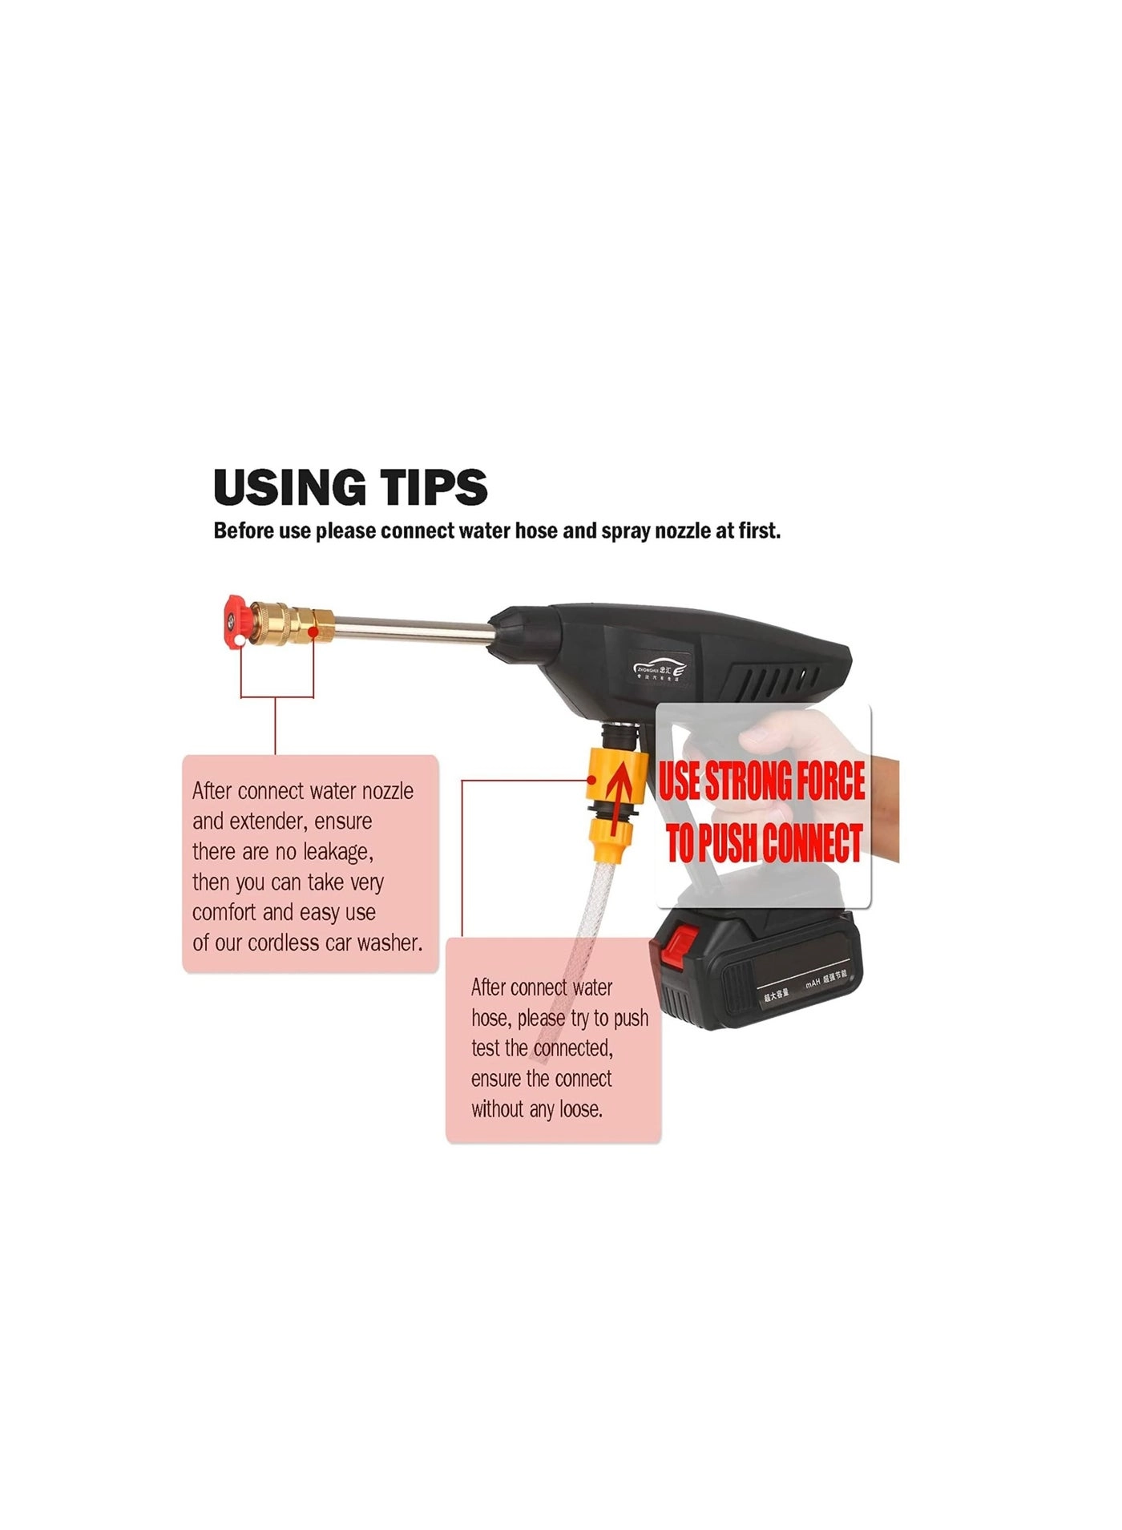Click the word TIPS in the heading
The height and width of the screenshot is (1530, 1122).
coord(433,487)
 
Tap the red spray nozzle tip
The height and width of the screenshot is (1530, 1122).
coord(235,622)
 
